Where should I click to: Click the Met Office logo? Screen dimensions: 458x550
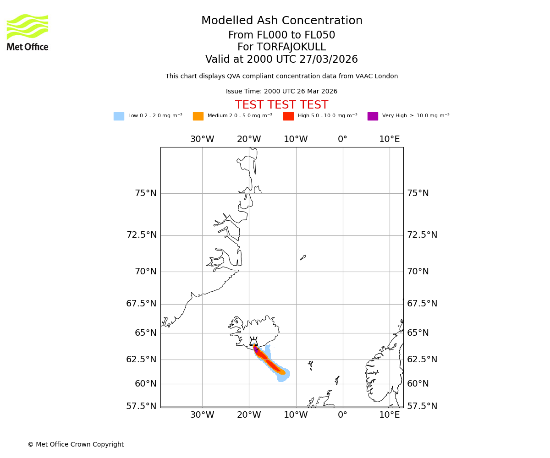pos(27,32)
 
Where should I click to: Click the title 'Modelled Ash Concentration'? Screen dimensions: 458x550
pos(282,21)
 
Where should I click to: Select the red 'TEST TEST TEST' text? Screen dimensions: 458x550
pos(281,105)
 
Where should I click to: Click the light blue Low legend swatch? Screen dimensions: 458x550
pos(119,116)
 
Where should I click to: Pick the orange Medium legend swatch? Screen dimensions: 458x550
pos(198,116)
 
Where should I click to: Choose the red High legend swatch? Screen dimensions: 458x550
pos(288,116)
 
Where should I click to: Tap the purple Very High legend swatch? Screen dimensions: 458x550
pos(373,116)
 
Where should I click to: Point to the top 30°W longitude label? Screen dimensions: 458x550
pos(202,139)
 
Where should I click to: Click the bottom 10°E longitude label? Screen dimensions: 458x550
pos(389,415)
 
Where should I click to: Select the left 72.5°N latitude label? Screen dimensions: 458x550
pos(141,235)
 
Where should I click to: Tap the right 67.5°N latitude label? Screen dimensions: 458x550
pos(422,304)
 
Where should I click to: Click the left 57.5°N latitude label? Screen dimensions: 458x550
pos(141,406)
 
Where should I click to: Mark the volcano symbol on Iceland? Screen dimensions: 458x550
pos(253,342)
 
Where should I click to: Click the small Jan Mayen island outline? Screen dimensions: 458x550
pos(303,257)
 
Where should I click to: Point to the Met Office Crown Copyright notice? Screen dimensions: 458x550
pos(76,445)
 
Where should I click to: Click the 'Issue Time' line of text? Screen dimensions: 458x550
pos(281,92)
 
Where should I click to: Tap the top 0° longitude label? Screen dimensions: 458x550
pos(342,139)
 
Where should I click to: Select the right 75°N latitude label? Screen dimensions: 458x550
pos(418,193)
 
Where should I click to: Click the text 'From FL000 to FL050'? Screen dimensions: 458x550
pos(281,35)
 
